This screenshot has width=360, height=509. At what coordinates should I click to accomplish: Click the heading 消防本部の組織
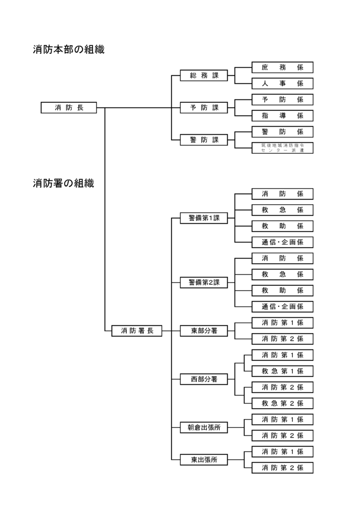pos(69,50)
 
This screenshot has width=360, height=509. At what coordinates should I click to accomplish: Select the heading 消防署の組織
pos(64,183)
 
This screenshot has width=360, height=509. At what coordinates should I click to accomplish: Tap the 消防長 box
pos(69,108)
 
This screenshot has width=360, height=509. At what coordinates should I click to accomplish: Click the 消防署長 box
pos(137,331)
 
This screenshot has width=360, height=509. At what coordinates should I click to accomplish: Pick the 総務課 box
pos(204,76)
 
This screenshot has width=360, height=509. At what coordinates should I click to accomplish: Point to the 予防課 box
pos(204,108)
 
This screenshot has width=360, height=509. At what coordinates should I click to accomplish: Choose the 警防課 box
pos(204,140)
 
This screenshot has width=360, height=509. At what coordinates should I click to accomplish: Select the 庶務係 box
pos(282,68)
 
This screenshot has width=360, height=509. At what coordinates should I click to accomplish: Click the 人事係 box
pos(282,84)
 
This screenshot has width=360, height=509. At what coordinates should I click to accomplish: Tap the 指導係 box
pos(282,116)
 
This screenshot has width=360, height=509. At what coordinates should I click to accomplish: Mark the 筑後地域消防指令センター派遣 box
pos(282,148)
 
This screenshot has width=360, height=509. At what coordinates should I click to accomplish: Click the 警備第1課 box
pos(204,218)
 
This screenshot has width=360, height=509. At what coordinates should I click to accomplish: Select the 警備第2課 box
pos(204,282)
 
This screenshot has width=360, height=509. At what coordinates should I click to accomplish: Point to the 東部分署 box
pos(204,331)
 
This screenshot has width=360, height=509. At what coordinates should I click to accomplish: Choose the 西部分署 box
pos(204,379)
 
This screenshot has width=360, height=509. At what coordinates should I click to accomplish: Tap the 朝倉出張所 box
pos(204,427)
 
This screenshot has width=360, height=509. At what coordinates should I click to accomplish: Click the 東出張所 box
pos(204,460)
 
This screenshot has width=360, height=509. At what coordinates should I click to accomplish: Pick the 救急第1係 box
pos(282,371)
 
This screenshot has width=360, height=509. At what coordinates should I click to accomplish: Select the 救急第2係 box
pos(282,403)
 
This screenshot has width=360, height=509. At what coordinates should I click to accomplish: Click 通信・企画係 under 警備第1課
pos(282,242)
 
